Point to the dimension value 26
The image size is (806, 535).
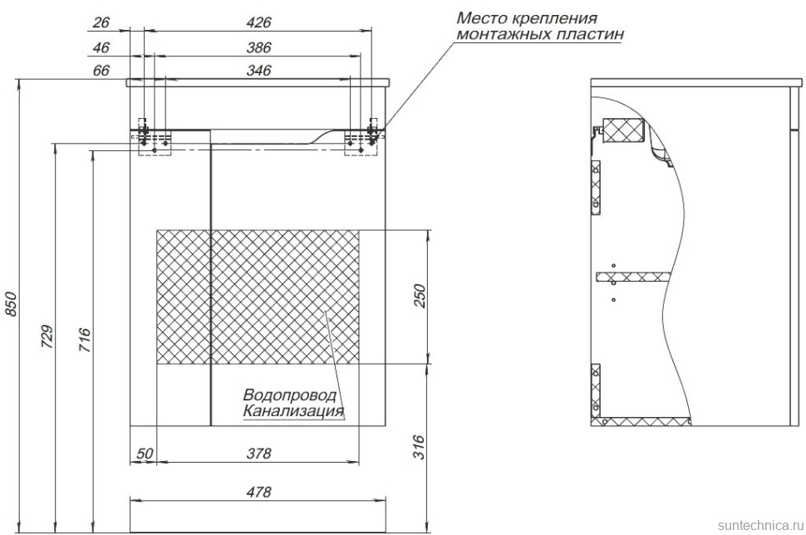click(x=101, y=22)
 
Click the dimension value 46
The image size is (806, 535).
click(x=101, y=47)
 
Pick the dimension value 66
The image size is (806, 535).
click(x=101, y=71)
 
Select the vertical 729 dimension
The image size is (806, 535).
click(x=47, y=336)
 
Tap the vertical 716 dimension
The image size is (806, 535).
click(x=86, y=341)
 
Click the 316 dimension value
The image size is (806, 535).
click(x=419, y=447)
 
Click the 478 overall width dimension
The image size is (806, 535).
click(x=260, y=492)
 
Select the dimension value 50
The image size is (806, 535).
click(x=145, y=454)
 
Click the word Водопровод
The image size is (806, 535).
click(x=290, y=395)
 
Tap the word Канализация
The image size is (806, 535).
click(x=293, y=410)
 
